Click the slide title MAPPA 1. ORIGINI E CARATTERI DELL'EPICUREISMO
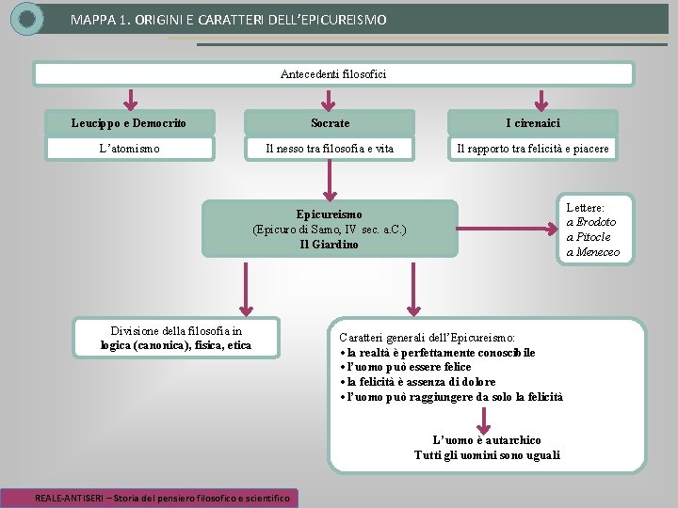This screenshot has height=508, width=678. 228,19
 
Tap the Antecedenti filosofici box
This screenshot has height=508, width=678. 333,73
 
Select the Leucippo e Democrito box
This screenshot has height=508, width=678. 129,123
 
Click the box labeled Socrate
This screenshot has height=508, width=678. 330,123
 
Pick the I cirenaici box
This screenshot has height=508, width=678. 533,123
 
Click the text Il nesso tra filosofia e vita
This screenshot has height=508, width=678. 330,149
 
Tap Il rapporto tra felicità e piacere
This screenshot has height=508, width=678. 533,149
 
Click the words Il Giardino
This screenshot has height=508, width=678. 329,245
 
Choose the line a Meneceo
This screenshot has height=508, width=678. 592,252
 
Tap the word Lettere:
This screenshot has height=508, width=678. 586,207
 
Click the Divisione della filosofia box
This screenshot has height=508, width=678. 176,338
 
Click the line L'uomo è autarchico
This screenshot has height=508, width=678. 486,440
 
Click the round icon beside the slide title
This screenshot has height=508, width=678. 27,18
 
